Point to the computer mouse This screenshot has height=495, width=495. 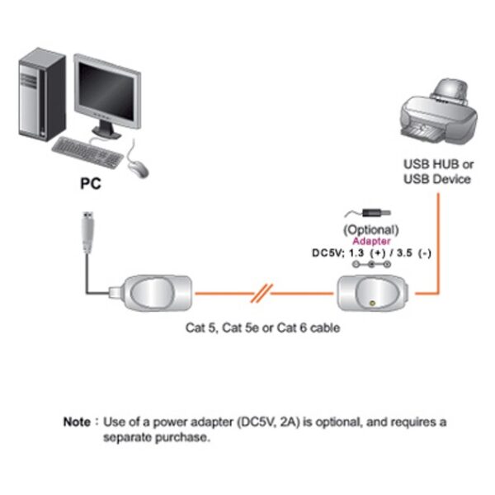coord(138,167)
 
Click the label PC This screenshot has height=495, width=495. coord(90,186)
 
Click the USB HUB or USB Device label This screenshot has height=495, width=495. coord(437,171)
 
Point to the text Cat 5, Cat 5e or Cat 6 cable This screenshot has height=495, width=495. coord(262,328)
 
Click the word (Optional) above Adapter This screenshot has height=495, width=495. coord(371,229)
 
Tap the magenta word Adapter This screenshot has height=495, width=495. coord(371,240)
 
